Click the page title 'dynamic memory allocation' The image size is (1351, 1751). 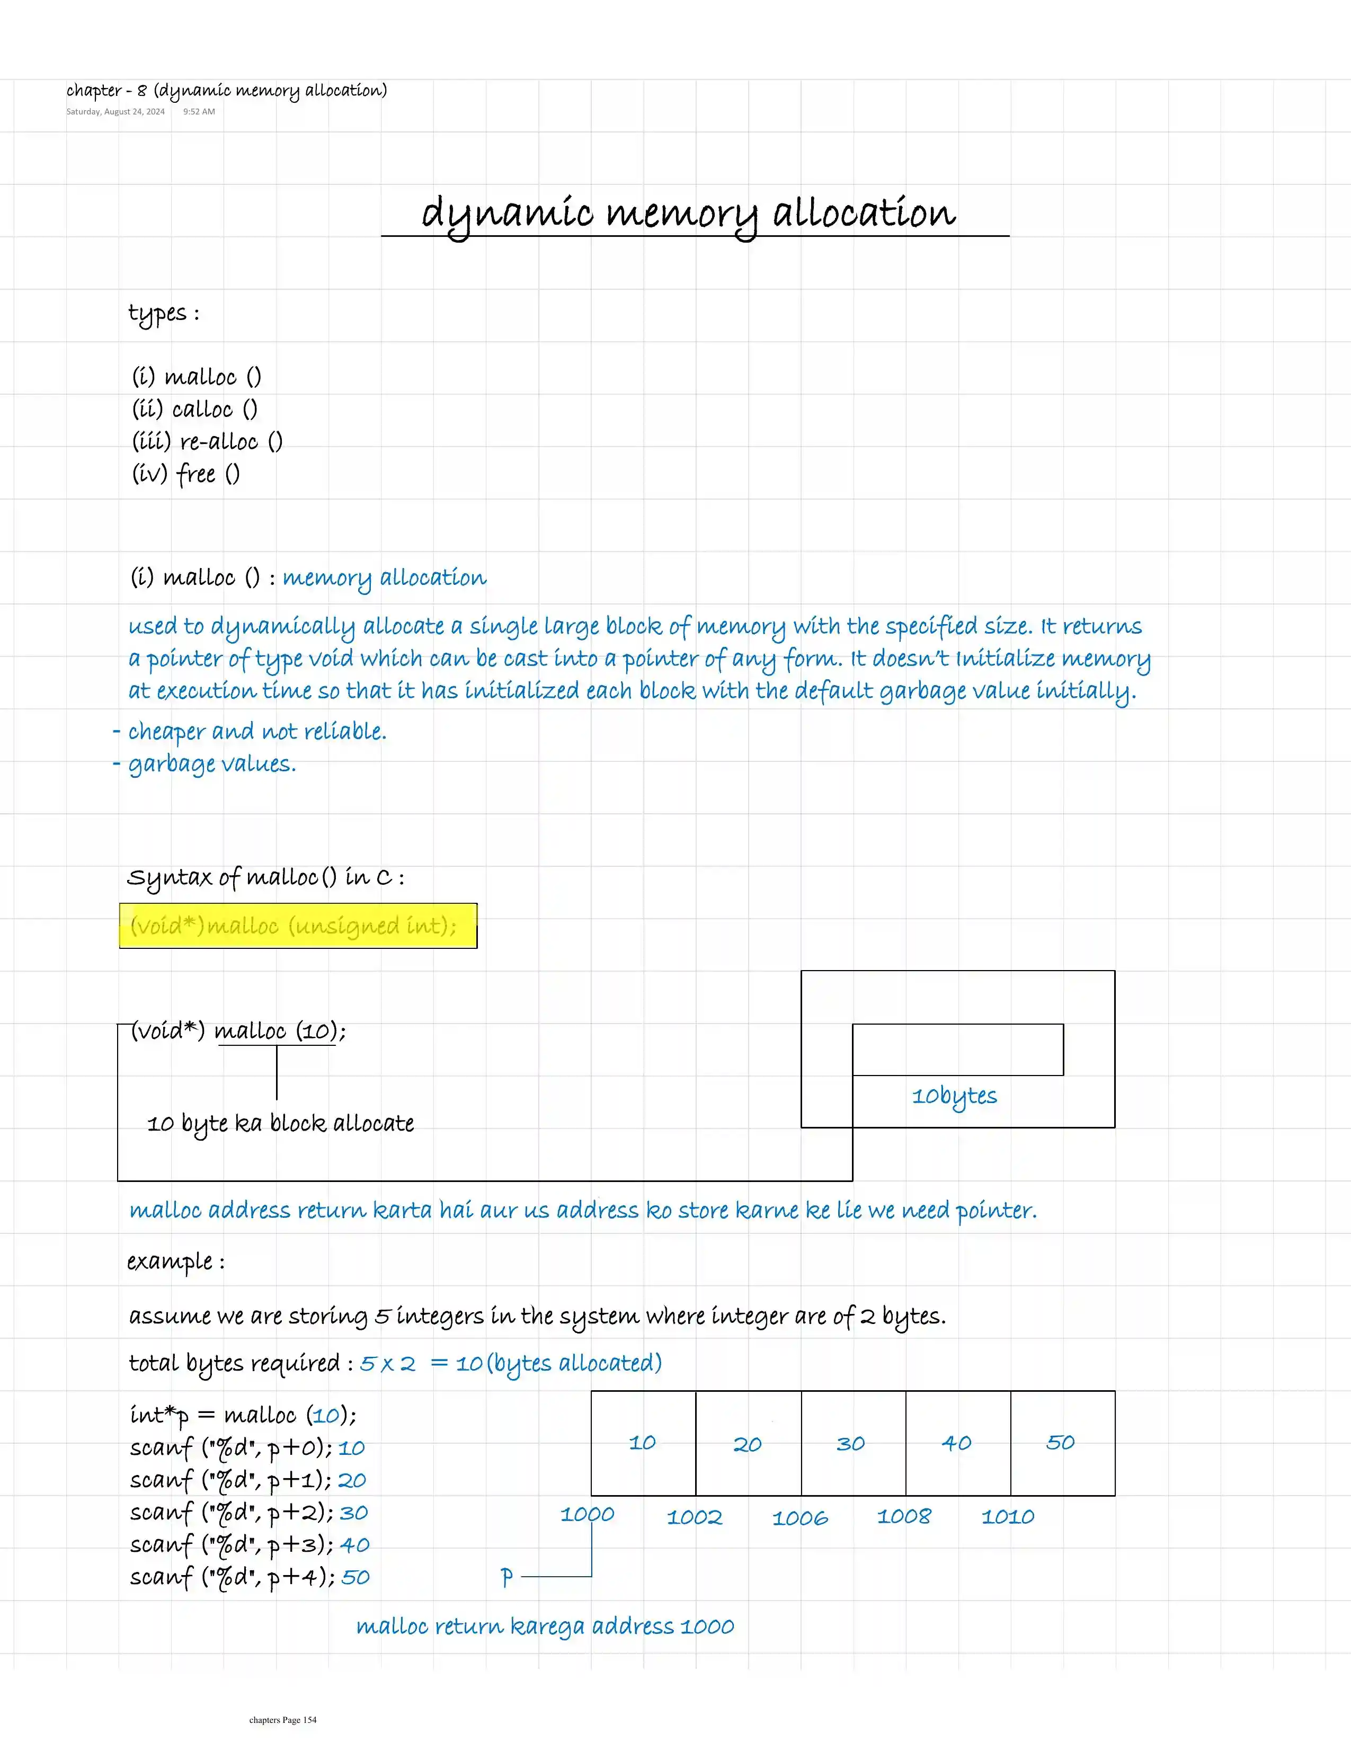pyautogui.click(x=688, y=214)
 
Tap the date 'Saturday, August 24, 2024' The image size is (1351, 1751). pyautogui.click(x=115, y=111)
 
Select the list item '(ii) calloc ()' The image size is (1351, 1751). pyautogui.click(x=195, y=410)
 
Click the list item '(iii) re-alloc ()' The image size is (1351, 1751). pyautogui.click(x=207, y=442)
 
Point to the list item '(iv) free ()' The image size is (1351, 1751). pyautogui.click(x=186, y=474)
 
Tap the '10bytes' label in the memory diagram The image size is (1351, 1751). pyautogui.click(x=954, y=1096)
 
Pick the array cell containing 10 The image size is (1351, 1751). pyautogui.click(x=643, y=1443)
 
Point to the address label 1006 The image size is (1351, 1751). pyautogui.click(x=799, y=1518)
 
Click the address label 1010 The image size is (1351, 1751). pyautogui.click(x=1008, y=1517)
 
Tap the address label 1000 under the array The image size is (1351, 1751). pyautogui.click(x=587, y=1515)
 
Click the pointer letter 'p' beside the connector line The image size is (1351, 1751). pyautogui.click(x=506, y=1577)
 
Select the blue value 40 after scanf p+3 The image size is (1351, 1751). pyautogui.click(x=354, y=1545)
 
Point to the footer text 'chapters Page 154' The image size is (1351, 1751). pyautogui.click(x=282, y=1720)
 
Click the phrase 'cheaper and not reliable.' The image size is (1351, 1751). pyautogui.click(x=256, y=731)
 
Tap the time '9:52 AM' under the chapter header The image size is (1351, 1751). pyautogui.click(x=199, y=111)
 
